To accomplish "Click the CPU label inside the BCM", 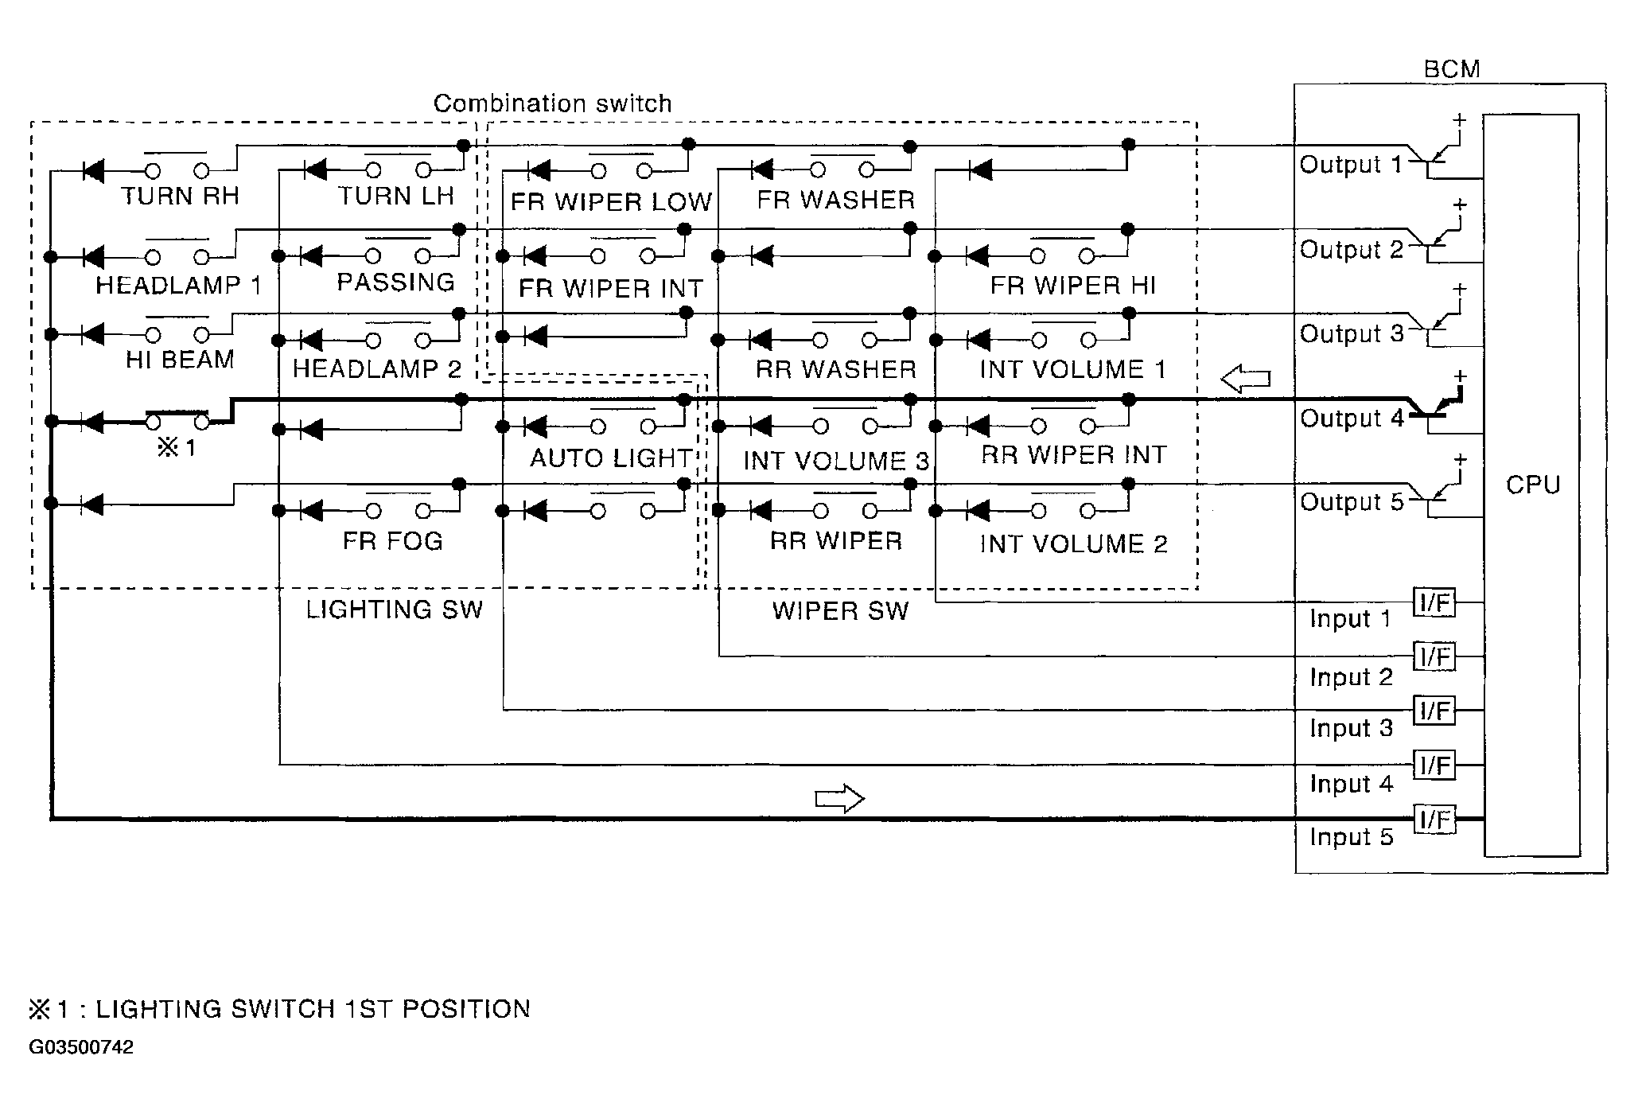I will pos(1532,485).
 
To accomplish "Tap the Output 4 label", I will pos(1352,419).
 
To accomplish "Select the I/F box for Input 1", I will pos(1435,603).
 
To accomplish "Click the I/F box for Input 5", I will pos(1435,819).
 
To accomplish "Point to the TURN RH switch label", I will pos(181,197).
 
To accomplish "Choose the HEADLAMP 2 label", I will pos(377,369).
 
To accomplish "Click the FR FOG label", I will pos(392,541).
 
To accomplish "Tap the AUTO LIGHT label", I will pos(611,458).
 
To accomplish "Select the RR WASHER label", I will pos(836,369).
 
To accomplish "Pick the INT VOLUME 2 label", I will pos(1073,544).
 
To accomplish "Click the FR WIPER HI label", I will pos(1072,286).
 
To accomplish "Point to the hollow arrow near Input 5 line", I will pos(839,798).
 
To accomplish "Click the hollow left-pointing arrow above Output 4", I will pos(1246,379).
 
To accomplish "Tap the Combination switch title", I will pos(552,103).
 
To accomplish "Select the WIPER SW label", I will pos(840,611).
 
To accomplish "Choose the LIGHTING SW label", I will pos(395,610).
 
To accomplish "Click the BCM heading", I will pos(1452,69).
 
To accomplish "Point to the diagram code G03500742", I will pos(81,1047).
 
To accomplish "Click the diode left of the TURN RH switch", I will pos(94,170).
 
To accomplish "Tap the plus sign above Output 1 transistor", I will pos(1459,120).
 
